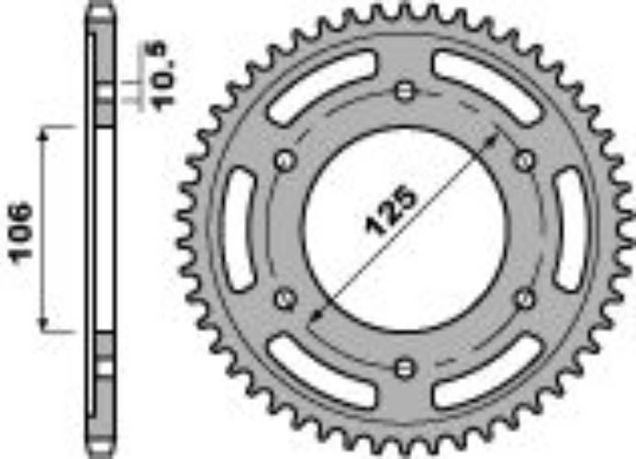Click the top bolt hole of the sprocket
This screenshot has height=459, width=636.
click(x=404, y=91)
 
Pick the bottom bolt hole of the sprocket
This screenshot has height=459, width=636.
click(x=404, y=368)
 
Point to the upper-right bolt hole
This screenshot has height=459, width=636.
click(x=524, y=161)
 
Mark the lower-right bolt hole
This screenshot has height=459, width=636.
click(x=524, y=298)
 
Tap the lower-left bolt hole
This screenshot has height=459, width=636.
click(x=284, y=298)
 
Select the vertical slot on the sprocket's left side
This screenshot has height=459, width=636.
click(x=240, y=229)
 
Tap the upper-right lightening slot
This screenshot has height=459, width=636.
click(x=485, y=88)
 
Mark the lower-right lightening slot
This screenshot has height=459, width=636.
click(x=485, y=371)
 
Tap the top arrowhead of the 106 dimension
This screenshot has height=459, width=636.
click(x=44, y=132)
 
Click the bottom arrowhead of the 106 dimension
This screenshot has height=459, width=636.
click(x=44, y=327)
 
